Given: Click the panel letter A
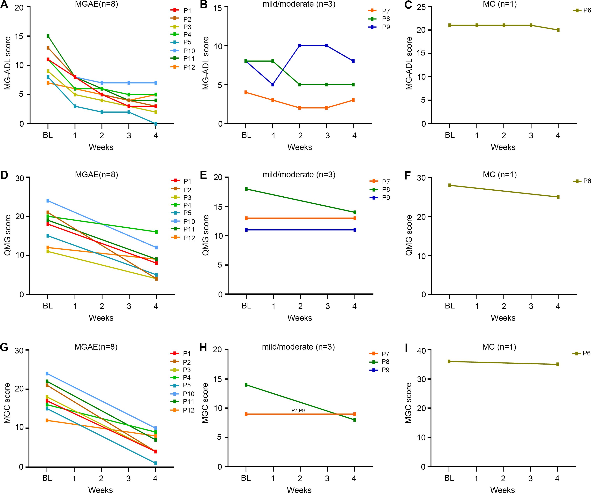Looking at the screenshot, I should point(4,5).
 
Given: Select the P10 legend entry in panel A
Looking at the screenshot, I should point(183,51).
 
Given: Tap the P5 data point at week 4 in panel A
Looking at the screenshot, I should point(156,124).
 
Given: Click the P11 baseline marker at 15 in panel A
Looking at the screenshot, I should point(48,36).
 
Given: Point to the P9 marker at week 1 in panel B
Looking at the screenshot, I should point(273,84).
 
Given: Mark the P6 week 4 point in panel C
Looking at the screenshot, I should point(558,30).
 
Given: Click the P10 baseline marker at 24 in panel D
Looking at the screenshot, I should point(48,201).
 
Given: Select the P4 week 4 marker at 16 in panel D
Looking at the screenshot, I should point(156,232).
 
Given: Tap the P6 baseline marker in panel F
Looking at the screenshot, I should point(450,185).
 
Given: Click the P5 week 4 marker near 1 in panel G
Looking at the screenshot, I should point(155,463).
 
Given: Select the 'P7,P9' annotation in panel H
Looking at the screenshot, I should point(298,411).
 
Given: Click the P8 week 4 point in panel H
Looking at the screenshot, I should point(354,420).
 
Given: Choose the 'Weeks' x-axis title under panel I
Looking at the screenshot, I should point(502,489).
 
